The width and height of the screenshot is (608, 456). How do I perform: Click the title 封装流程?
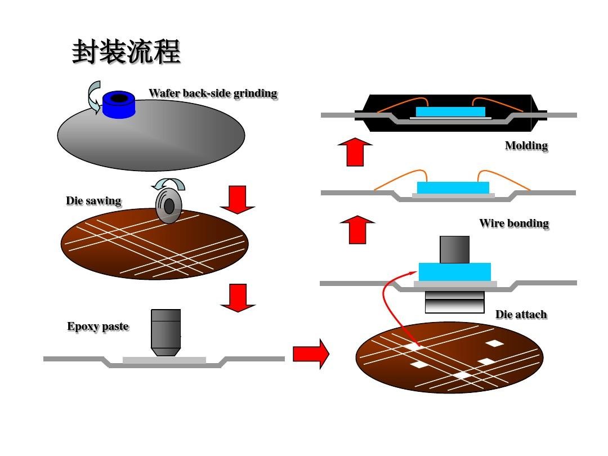tap(126, 52)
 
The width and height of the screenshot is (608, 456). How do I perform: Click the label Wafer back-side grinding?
tap(213, 93)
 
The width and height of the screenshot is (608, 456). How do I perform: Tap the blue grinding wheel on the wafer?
tap(118, 104)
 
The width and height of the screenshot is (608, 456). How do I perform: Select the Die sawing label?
tap(93, 200)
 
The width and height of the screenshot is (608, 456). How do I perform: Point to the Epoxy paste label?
tap(98, 327)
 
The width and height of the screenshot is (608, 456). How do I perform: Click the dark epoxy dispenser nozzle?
tap(166, 332)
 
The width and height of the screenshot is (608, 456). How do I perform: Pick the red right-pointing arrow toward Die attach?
tap(310, 354)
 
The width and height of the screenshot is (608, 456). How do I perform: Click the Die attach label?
tap(521, 314)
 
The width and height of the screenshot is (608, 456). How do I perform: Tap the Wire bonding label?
tap(513, 223)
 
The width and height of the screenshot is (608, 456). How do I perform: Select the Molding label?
tap(526, 146)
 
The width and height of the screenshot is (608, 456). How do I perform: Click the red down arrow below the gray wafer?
tap(238, 200)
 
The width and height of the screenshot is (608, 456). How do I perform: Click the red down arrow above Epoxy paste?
tap(238, 298)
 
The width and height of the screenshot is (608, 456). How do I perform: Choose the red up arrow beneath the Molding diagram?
tap(355, 152)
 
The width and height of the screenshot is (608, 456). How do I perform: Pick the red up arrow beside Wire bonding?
tap(357, 230)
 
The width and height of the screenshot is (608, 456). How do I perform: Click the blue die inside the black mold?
tap(450, 111)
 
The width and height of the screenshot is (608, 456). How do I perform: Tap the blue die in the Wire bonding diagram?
tap(453, 187)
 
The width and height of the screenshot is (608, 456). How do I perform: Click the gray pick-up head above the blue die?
tap(454, 249)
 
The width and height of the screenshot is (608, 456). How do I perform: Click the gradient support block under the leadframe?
tap(454, 302)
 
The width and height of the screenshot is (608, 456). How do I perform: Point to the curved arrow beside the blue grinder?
tap(93, 97)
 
